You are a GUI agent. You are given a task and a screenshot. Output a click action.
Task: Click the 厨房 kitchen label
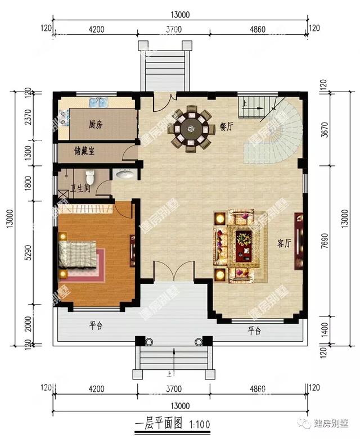coord(95,125)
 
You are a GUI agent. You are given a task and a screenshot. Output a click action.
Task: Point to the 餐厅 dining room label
coord(226,126)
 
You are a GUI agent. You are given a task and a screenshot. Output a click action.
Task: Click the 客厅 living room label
coord(284,243)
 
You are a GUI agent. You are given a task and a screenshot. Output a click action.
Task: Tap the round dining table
coord(191,129)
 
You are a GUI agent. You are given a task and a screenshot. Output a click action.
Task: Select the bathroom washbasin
coord(124,175)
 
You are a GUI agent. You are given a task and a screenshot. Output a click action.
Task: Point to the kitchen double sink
coord(98,103)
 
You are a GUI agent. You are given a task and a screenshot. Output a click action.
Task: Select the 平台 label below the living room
coord(254,331)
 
